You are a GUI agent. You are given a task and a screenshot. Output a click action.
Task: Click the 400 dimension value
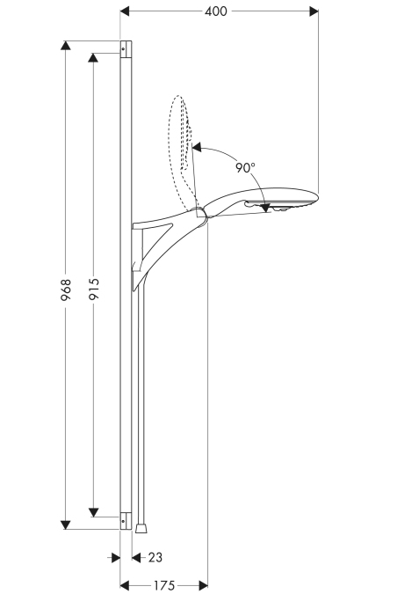click(x=216, y=11)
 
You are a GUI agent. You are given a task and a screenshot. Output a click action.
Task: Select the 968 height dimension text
click(x=66, y=290)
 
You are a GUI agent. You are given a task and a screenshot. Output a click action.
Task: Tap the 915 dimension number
click(x=94, y=289)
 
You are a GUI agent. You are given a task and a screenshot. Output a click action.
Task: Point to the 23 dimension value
click(x=155, y=557)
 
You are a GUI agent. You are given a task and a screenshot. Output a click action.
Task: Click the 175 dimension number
click(x=163, y=585)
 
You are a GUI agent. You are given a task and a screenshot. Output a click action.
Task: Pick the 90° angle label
click(x=245, y=167)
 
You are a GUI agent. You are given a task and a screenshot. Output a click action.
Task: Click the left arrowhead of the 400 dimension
click(x=125, y=11)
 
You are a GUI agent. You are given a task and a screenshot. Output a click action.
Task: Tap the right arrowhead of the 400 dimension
click(x=314, y=11)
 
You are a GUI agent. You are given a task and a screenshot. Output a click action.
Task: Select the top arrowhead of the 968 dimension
click(x=65, y=46)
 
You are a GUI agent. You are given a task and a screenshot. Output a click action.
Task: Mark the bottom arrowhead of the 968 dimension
click(x=65, y=524)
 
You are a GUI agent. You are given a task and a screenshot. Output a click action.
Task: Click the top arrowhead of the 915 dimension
click(x=93, y=57)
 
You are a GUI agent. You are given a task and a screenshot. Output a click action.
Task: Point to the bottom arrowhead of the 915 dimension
click(x=93, y=512)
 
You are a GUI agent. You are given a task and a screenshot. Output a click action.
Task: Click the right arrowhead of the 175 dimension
click(x=203, y=585)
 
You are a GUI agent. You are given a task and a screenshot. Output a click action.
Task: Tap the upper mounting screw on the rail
click(x=123, y=49)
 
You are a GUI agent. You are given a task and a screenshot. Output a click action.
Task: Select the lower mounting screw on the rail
click(x=123, y=522)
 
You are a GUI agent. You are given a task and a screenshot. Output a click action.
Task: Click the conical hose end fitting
click(x=141, y=529)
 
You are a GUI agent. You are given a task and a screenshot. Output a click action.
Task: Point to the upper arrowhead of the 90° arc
click(x=197, y=147)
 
